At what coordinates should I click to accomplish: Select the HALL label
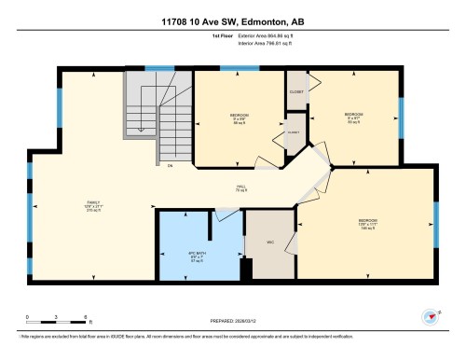click(x=240, y=187)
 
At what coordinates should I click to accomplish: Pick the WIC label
click(x=269, y=242)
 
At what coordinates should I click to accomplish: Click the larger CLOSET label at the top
click(x=297, y=92)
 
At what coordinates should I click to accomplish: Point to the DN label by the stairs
click(x=170, y=166)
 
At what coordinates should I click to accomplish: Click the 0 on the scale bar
click(x=28, y=317)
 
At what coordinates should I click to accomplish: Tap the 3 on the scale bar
click(x=57, y=317)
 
